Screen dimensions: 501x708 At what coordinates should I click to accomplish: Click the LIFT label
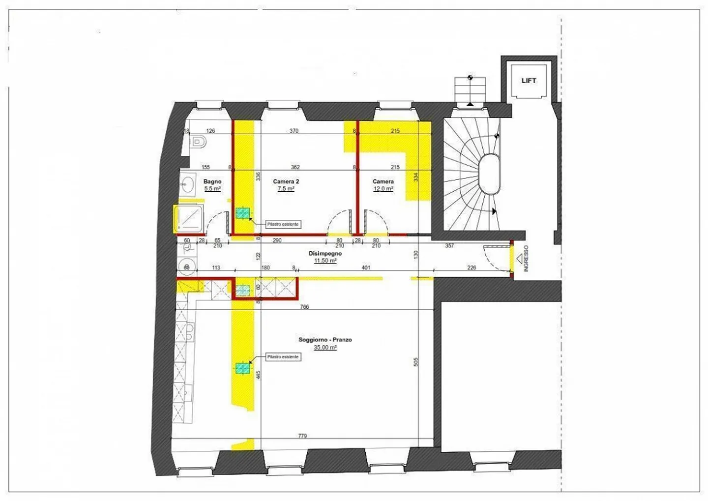point(529,81)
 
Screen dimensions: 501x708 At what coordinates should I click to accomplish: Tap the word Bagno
point(212,181)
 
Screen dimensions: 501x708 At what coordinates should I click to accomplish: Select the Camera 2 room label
point(286,181)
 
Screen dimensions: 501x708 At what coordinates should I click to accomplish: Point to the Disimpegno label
point(325,254)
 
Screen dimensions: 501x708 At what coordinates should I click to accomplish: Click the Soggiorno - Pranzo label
point(325,340)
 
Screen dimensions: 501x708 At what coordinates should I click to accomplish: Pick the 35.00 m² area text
point(325,348)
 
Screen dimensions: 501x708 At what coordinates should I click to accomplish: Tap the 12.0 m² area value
point(383,189)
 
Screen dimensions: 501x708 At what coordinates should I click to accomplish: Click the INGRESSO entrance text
point(526,259)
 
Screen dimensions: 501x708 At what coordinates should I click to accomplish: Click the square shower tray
point(189,219)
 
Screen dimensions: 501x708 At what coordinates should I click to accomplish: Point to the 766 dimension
point(304,307)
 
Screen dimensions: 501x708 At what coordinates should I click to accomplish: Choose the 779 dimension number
point(302,436)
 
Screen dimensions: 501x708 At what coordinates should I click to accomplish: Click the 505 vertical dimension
point(416,362)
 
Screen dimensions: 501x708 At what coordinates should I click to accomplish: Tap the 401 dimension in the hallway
point(366,268)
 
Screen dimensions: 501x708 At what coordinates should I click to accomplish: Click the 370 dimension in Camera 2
point(294,131)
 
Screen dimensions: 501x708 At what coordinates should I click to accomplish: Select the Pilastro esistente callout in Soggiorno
point(283,356)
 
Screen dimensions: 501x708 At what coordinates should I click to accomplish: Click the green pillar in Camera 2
point(242,213)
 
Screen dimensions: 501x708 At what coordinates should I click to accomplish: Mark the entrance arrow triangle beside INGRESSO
point(519,257)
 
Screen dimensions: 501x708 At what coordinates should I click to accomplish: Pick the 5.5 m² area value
point(212,189)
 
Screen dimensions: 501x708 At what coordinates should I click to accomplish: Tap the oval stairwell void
point(489,175)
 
